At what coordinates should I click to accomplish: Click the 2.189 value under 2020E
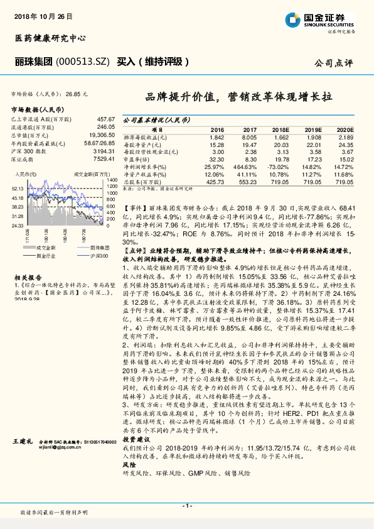tap(346, 137)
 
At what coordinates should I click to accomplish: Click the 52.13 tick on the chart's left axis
tap(18, 187)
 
